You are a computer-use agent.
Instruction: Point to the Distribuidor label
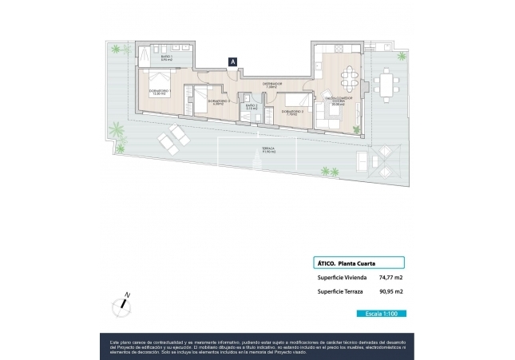click(x=272, y=84)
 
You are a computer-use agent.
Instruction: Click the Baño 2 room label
click(x=251, y=107)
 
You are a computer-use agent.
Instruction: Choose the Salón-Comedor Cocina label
click(x=335, y=101)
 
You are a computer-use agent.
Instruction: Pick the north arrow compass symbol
click(x=123, y=303)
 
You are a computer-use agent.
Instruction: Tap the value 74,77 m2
click(x=390, y=278)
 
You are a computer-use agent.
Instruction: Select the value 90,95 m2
click(x=390, y=292)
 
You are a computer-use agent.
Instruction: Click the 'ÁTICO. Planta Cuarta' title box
click(x=357, y=262)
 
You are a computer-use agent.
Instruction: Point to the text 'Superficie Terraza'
click(x=341, y=292)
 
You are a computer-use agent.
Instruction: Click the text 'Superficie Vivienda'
click(x=342, y=278)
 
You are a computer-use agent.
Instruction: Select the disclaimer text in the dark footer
click(x=257, y=345)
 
